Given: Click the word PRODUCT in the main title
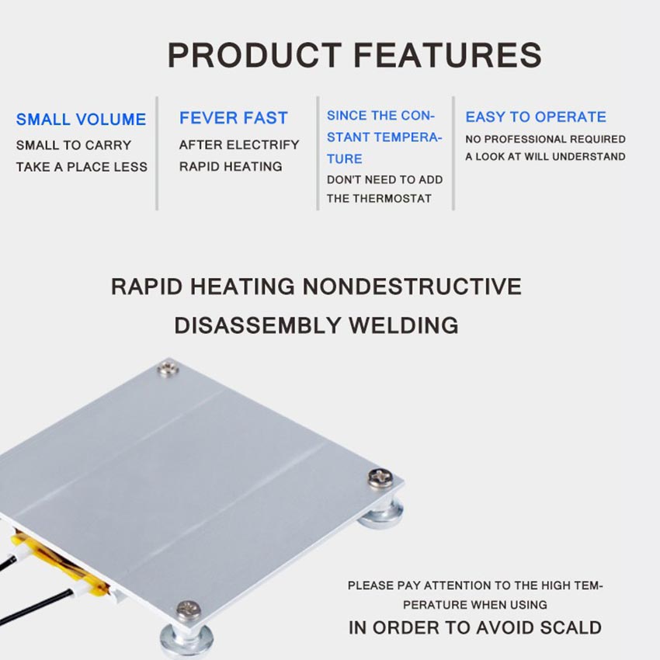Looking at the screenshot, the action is point(255,55).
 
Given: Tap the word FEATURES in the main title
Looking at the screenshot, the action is point(448,55).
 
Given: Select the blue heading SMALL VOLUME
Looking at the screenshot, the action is point(82,120).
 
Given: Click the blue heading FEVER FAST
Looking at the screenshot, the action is point(234,118).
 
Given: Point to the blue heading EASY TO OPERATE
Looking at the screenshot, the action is point(536,116).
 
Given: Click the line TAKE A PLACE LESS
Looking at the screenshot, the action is point(82,167).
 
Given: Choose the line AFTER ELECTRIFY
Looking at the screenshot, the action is point(239,144).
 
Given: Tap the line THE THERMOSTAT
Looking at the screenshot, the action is point(379,199).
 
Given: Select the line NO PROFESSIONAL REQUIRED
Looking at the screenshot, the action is point(546,139).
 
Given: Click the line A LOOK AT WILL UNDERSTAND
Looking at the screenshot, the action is point(546,157).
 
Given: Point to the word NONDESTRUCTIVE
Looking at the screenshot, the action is point(412,287).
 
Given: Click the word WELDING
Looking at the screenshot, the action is point(404,325).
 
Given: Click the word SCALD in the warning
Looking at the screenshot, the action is point(571,627).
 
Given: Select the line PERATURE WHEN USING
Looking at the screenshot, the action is point(475,605).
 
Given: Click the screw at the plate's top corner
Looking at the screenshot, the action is point(168,369).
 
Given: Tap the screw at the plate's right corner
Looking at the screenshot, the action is point(380,478).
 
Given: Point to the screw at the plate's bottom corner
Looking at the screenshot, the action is point(188,610).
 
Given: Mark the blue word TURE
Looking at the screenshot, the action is point(344,159).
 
